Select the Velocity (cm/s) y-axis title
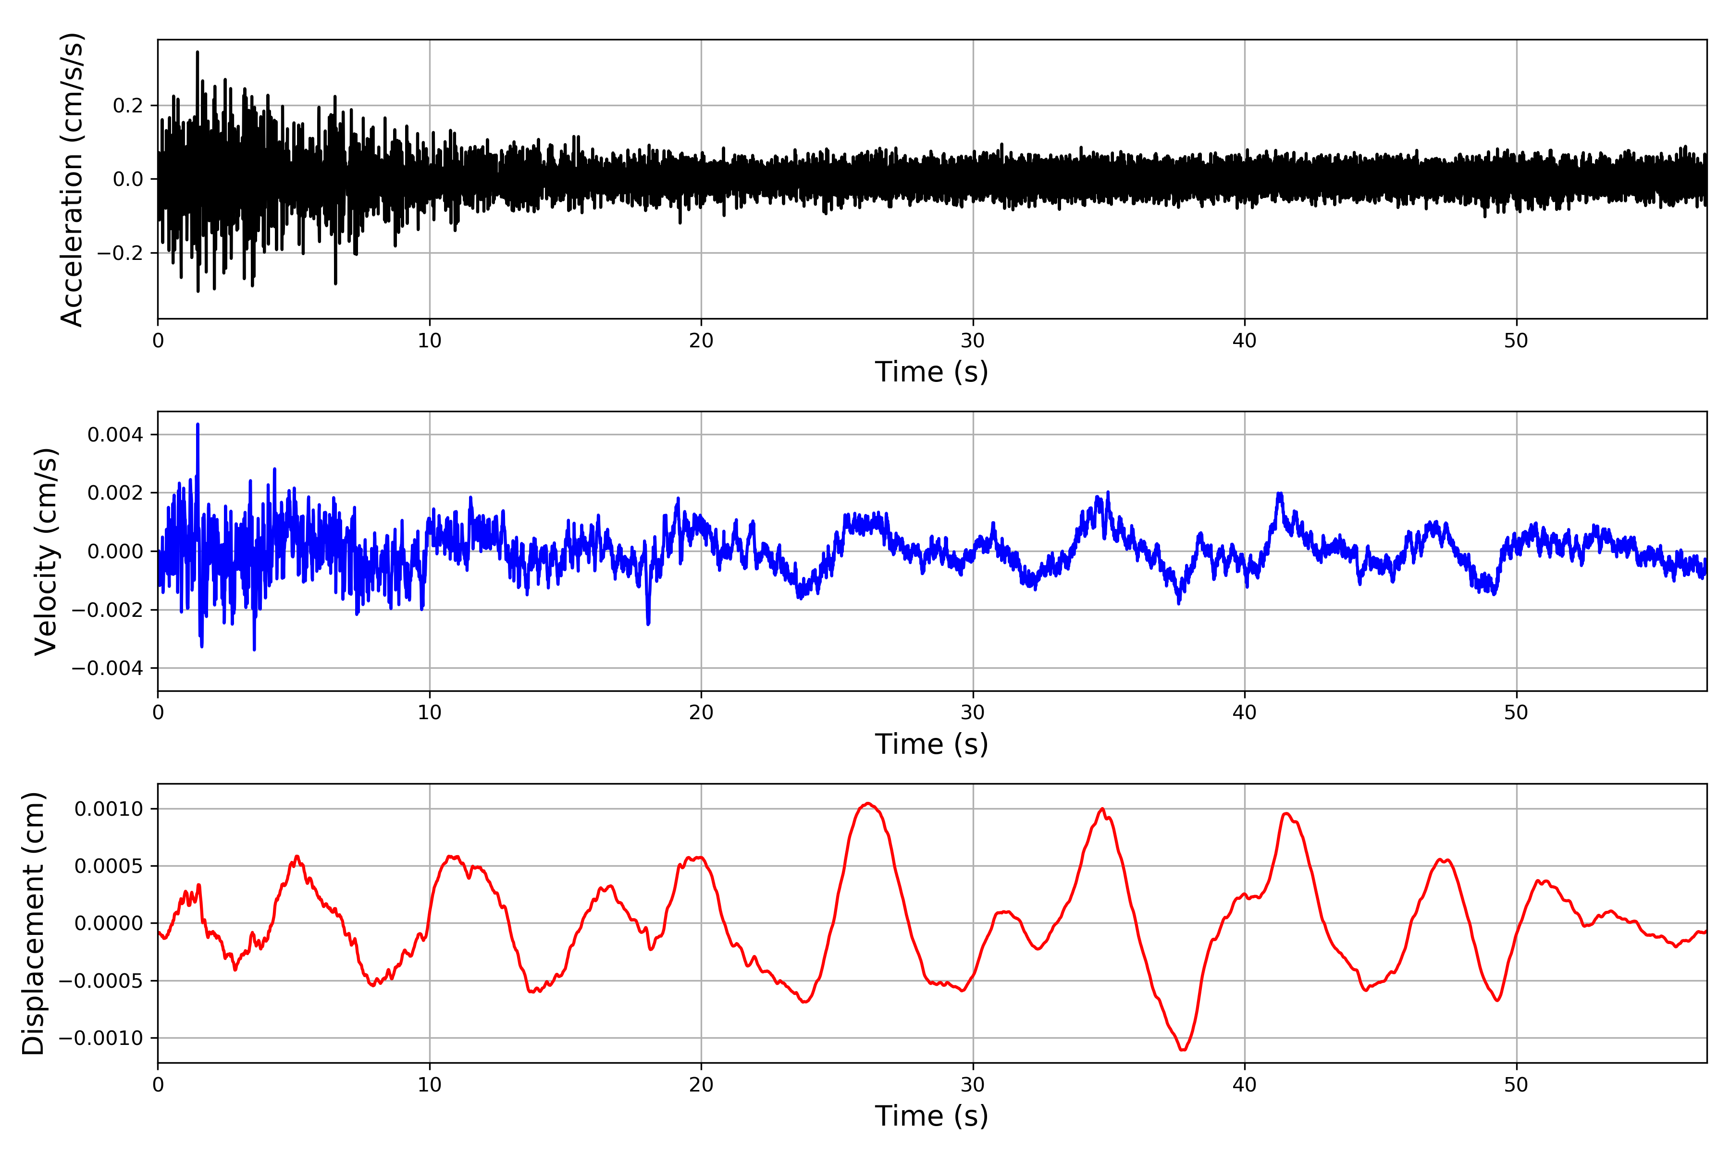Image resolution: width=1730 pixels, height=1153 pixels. point(46,552)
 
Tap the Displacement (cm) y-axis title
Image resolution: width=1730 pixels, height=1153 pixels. point(33,923)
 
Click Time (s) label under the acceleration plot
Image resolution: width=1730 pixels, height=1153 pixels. point(931,372)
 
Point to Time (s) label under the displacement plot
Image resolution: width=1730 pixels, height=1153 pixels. point(931,1116)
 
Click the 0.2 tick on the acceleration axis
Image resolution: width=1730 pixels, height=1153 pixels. point(127,106)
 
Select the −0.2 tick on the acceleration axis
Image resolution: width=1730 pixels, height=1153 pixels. point(120,253)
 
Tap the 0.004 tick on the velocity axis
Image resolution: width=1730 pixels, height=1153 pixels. point(115,435)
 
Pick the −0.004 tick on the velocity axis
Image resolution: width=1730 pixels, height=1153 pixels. point(107,668)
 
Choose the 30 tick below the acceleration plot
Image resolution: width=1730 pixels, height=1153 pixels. point(972,341)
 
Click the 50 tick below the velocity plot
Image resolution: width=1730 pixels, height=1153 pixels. point(1516,712)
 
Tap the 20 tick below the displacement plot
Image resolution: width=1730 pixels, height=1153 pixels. point(701,1085)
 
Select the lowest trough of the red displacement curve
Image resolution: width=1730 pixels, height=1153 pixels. point(1183,1049)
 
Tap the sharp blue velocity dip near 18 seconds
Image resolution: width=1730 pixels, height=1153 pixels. point(648,624)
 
